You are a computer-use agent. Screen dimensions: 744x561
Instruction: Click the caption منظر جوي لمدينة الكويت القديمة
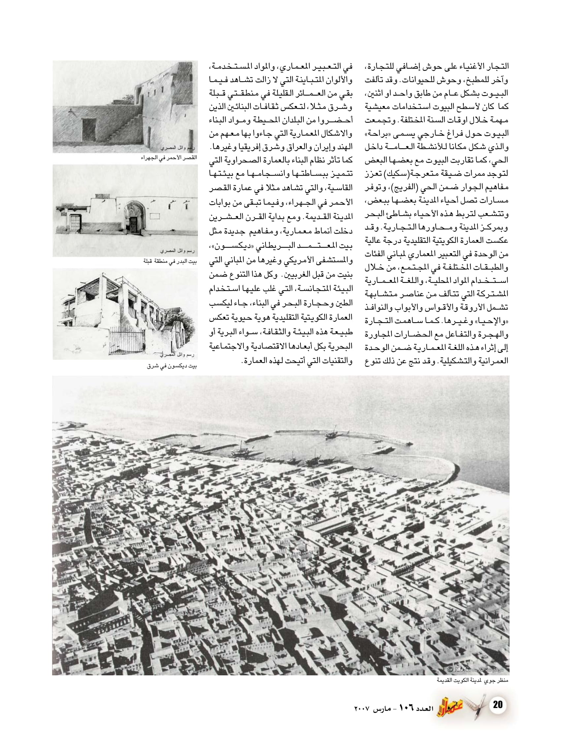coord(472,680)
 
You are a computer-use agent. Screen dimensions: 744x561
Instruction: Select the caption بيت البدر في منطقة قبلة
coord(170,261)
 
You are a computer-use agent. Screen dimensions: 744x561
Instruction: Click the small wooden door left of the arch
coord(76,223)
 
